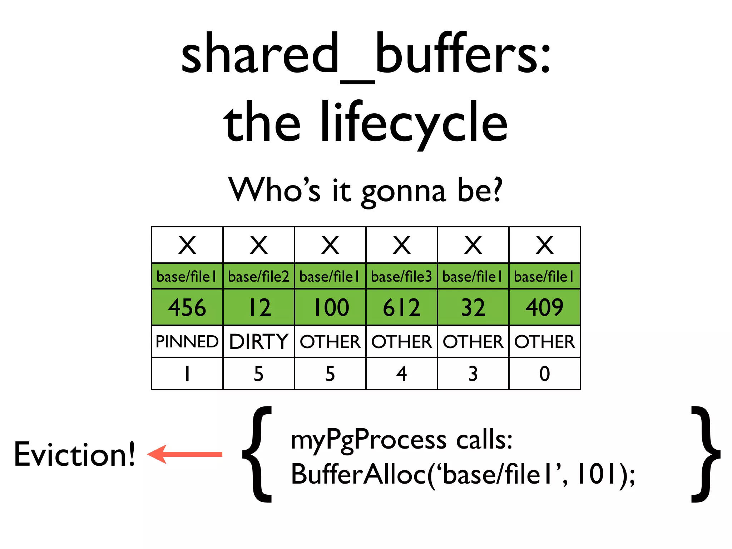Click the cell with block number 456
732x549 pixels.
pos(187,307)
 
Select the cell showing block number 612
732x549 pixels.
pos(402,307)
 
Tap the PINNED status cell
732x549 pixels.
pos(187,341)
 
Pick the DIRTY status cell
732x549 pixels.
pos(259,341)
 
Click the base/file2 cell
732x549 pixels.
pos(259,276)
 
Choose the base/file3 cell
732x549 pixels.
pos(402,276)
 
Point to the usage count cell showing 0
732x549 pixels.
pos(544,374)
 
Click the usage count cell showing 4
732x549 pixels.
pos(402,374)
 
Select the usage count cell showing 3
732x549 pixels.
pos(473,374)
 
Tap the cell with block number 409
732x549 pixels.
pos(544,307)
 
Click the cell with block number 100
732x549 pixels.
pos(331,307)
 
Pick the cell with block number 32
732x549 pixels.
pos(473,307)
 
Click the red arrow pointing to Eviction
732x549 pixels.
pos(185,454)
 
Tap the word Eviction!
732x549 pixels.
pos(75,454)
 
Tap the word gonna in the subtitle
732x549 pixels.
pos(404,191)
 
